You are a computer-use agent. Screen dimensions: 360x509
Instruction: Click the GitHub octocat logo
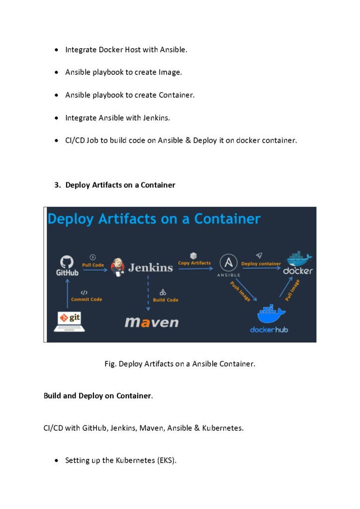click(x=67, y=261)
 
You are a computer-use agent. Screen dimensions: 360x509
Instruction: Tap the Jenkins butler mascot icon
click(x=117, y=267)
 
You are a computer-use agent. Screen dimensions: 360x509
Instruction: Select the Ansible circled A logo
click(x=229, y=262)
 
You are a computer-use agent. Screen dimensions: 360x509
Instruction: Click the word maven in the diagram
click(x=152, y=322)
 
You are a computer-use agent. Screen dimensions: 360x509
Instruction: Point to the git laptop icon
click(x=70, y=322)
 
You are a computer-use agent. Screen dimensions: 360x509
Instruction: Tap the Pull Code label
click(x=93, y=265)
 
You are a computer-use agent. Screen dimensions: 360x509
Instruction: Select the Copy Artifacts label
click(x=194, y=263)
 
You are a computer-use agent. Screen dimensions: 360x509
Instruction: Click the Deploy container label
click(x=261, y=263)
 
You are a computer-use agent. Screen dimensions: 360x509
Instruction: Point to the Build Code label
click(x=166, y=300)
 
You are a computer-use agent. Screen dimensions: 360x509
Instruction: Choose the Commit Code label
click(x=87, y=299)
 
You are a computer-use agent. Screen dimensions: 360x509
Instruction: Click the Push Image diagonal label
click(x=240, y=291)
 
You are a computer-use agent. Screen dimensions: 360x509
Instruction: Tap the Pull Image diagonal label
click(x=292, y=290)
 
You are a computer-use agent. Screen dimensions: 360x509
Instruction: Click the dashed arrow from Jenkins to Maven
click(x=148, y=293)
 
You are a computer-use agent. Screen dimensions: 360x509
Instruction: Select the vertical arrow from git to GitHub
click(x=68, y=293)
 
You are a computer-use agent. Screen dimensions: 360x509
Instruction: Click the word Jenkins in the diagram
click(x=150, y=267)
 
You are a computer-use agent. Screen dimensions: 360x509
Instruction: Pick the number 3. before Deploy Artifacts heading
click(x=58, y=185)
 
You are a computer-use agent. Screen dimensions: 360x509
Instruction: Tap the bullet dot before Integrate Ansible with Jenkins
click(x=57, y=118)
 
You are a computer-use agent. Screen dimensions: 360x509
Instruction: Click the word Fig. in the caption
click(x=110, y=364)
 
